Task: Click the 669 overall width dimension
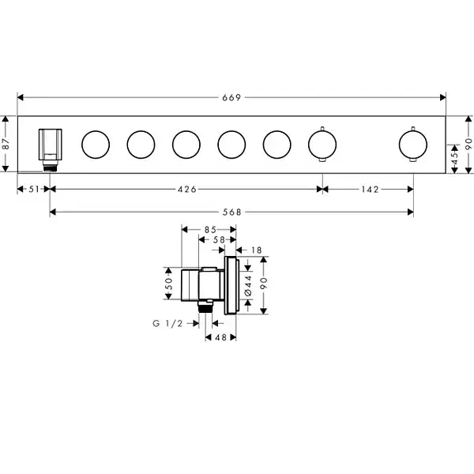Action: click(231, 97)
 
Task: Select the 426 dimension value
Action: click(187, 190)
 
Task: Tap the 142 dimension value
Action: click(370, 190)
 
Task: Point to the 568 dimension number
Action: click(232, 213)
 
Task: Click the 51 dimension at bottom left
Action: click(34, 190)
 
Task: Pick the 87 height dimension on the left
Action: click(6, 145)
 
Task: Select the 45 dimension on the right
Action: click(455, 159)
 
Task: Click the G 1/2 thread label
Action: click(167, 323)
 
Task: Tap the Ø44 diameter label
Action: click(248, 285)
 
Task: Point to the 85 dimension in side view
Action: click(210, 230)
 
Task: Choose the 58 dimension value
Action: click(219, 239)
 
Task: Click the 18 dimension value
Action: click(256, 250)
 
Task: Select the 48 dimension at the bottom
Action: click(220, 337)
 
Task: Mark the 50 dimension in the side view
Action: click(169, 284)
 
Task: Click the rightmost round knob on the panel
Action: click(413, 145)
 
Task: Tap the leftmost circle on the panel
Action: click(96, 145)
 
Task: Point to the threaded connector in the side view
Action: click(205, 307)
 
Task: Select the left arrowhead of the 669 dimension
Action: click(21, 97)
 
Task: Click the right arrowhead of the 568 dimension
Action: click(411, 213)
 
